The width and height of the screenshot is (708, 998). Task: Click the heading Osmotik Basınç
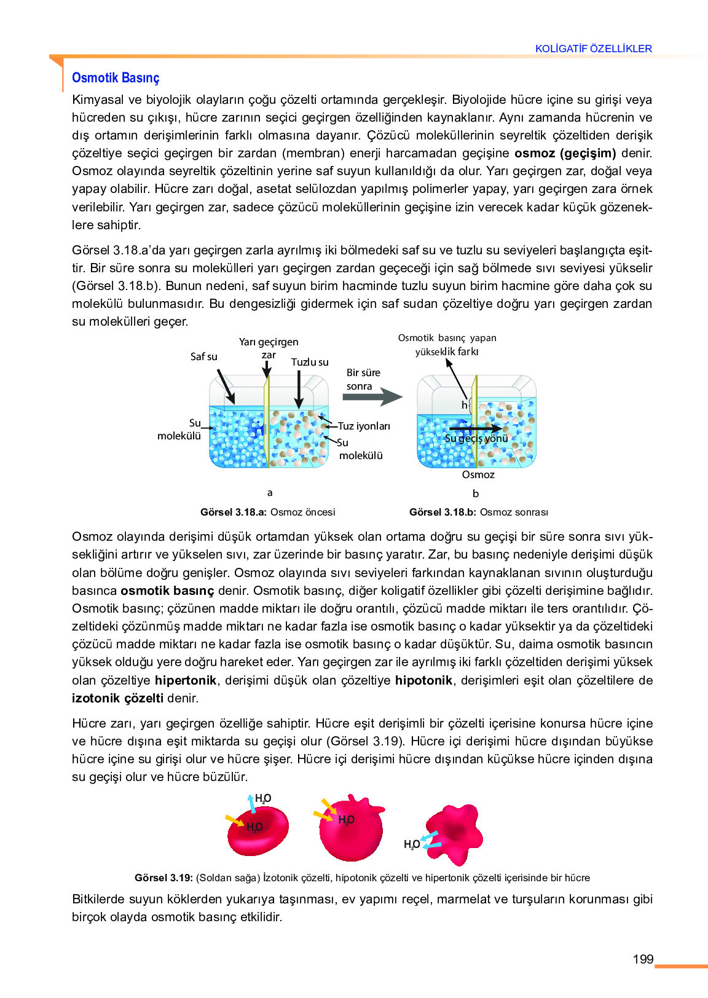pyautogui.click(x=116, y=78)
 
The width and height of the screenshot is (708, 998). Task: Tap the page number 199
pyautogui.click(x=643, y=959)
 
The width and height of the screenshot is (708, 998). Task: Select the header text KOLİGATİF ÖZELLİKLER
pyautogui.click(x=593, y=49)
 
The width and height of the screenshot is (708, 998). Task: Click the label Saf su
pyautogui.click(x=203, y=356)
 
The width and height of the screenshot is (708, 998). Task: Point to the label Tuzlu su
pyautogui.click(x=310, y=362)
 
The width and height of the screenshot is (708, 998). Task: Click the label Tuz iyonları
pyautogui.click(x=364, y=426)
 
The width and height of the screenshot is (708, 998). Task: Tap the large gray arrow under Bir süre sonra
pyautogui.click(x=372, y=396)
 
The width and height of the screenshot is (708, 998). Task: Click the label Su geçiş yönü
pyautogui.click(x=476, y=438)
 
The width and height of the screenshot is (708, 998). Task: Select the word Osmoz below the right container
pyautogui.click(x=478, y=474)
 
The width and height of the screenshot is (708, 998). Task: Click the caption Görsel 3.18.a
pyautogui.click(x=268, y=512)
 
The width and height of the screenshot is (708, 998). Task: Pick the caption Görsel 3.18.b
pyautogui.click(x=478, y=512)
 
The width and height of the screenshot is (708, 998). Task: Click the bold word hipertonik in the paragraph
pyautogui.click(x=186, y=680)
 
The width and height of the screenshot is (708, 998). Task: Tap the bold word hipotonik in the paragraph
pyautogui.click(x=423, y=680)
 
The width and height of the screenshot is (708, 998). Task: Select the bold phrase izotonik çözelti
pyautogui.click(x=117, y=698)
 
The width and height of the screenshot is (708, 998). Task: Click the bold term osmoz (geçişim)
pyautogui.click(x=565, y=153)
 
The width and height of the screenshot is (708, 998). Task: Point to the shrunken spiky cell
pyautogui.click(x=455, y=833)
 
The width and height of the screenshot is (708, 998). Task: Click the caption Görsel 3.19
pyautogui.click(x=362, y=878)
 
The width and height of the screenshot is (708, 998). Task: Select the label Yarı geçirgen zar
pyautogui.click(x=269, y=348)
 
